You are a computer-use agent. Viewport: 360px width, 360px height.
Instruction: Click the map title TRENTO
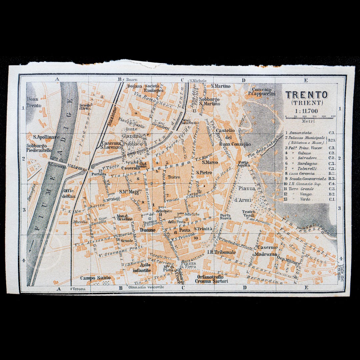[306, 95]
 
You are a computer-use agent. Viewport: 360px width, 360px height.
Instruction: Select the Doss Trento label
[34, 102]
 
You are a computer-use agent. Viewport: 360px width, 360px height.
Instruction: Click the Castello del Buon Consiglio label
[233, 137]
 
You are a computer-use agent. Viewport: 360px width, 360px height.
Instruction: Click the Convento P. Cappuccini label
[263, 92]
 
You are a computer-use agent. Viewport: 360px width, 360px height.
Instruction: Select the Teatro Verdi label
[249, 214]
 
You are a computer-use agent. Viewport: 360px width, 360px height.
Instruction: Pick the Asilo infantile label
[142, 267]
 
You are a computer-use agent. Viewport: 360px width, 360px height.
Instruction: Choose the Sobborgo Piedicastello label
[39, 148]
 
